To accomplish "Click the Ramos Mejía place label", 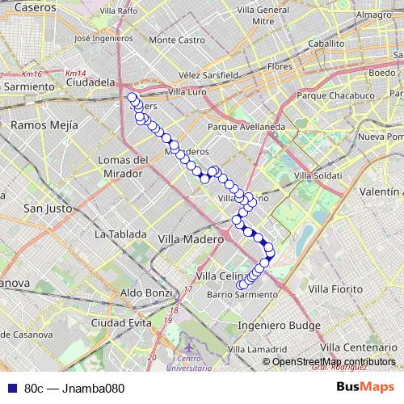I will point(44,125).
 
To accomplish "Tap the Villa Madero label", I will point(191,239).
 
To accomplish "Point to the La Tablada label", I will point(120,234).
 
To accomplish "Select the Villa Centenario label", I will point(364,347).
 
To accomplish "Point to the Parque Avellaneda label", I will point(246,127).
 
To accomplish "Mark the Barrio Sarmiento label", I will point(242,295).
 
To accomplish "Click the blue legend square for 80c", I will point(9,388).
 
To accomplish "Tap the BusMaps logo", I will point(365,387).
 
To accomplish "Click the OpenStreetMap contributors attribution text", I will point(334,362).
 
